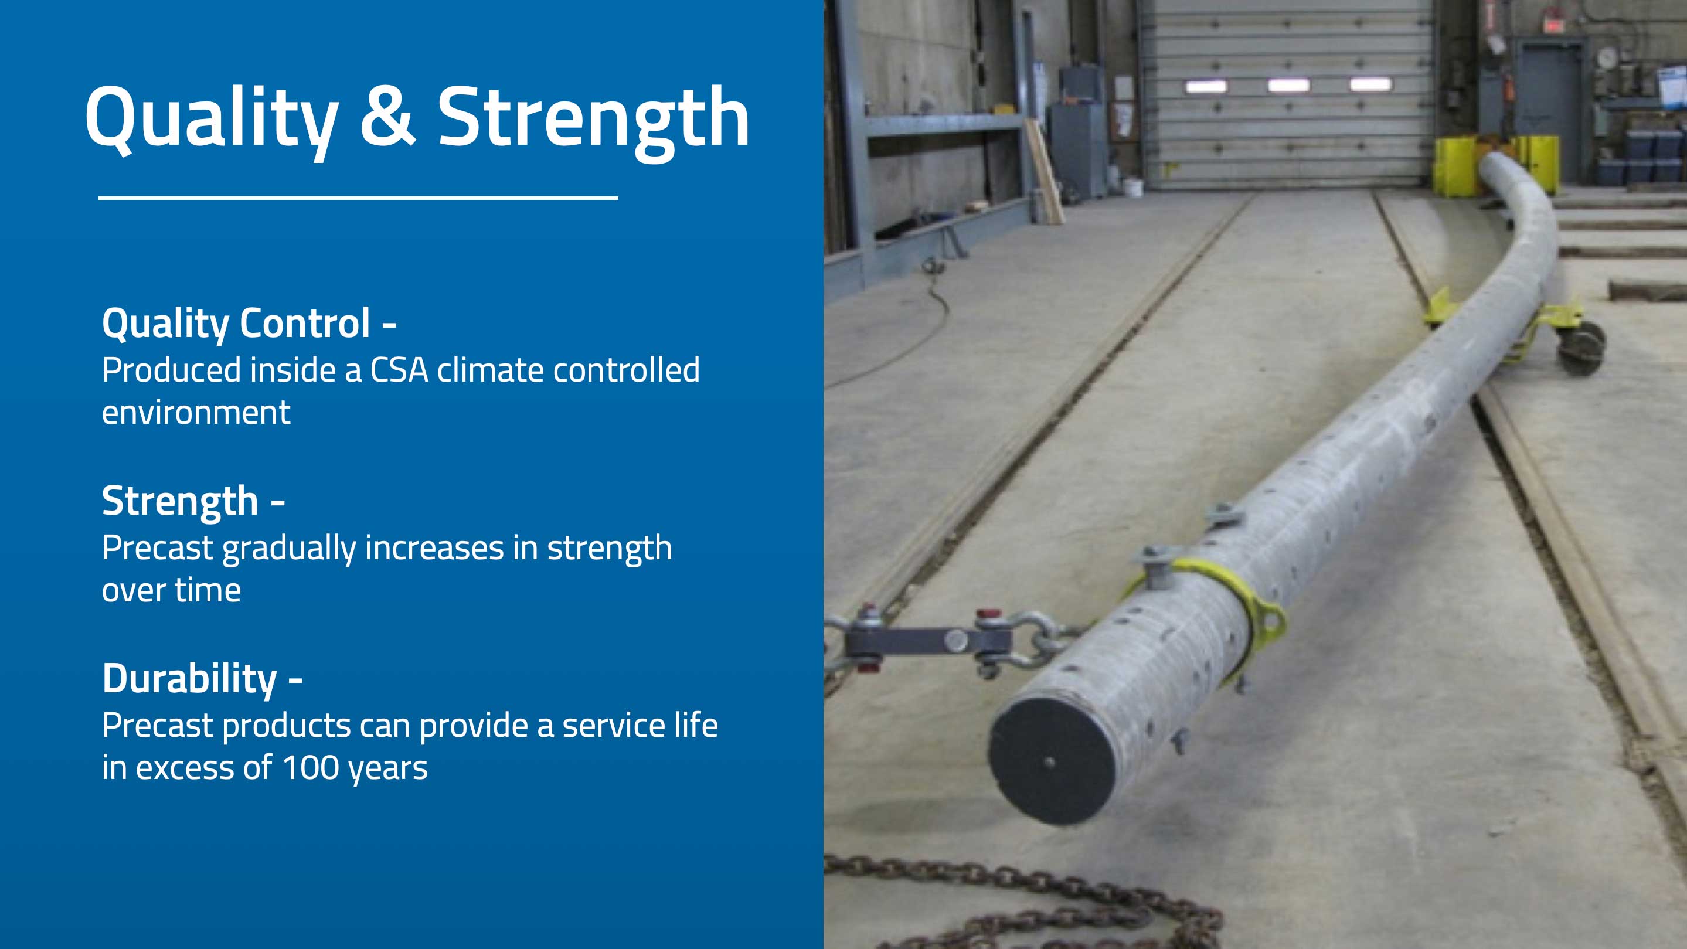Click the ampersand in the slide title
coord(387,117)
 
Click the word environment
coord(196,413)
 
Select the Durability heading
coord(190,679)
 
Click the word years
coord(389,769)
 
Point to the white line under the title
coord(358,197)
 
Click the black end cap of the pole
coord(1052,760)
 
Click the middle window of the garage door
coord(1288,85)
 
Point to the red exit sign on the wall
coord(1552,25)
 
